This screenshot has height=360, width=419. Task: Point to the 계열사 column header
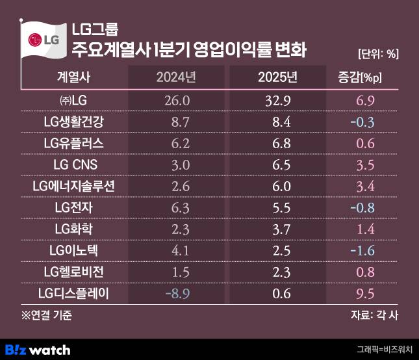[x=74, y=78]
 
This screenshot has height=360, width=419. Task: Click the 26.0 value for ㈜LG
[x=176, y=100]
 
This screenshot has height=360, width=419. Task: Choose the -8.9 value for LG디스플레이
[x=176, y=294]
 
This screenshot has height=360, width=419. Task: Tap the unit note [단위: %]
[x=378, y=54]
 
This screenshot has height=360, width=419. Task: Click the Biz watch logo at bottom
[x=38, y=350]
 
